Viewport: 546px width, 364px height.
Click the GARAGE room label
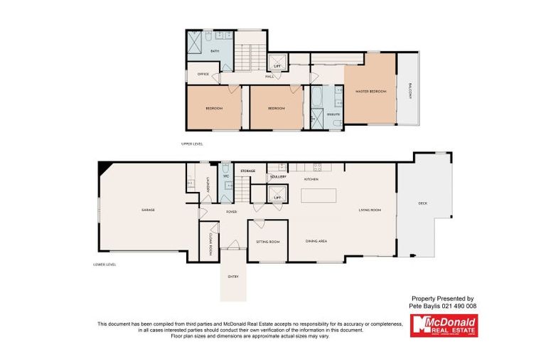tap(148, 210)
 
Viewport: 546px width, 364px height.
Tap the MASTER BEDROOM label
tap(370, 92)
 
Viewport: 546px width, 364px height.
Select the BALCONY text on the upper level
tap(410, 91)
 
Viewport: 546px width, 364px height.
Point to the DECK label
tap(422, 203)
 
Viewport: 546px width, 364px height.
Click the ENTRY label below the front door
tap(232, 277)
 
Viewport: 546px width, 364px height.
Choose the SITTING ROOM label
tap(267, 242)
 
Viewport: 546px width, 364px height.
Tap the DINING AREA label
tap(316, 242)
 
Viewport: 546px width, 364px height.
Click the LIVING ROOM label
tap(370, 210)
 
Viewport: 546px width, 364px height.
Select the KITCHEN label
tap(311, 179)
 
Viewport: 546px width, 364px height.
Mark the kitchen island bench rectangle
tap(318, 194)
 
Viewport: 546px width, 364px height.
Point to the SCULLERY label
tap(277, 176)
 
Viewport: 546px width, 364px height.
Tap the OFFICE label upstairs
tap(203, 74)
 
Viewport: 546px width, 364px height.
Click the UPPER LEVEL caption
tap(193, 144)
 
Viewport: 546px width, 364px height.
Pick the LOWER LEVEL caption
tap(104, 264)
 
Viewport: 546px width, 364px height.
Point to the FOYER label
tap(231, 212)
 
